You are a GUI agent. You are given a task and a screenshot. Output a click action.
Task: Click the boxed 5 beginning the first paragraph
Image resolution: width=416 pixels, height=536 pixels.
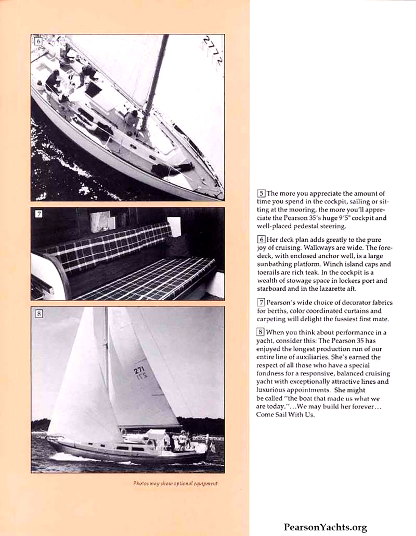[x=262, y=193]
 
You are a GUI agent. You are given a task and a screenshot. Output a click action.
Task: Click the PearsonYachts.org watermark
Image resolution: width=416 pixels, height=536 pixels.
[x=325, y=527]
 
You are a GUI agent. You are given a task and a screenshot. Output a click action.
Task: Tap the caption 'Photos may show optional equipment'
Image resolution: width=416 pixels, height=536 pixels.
[x=175, y=483]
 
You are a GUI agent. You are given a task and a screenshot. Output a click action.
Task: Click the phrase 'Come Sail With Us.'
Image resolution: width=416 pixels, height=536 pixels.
[x=285, y=414]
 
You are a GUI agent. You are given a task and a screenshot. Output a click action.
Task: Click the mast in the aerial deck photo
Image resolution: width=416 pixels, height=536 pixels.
[x=154, y=78]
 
